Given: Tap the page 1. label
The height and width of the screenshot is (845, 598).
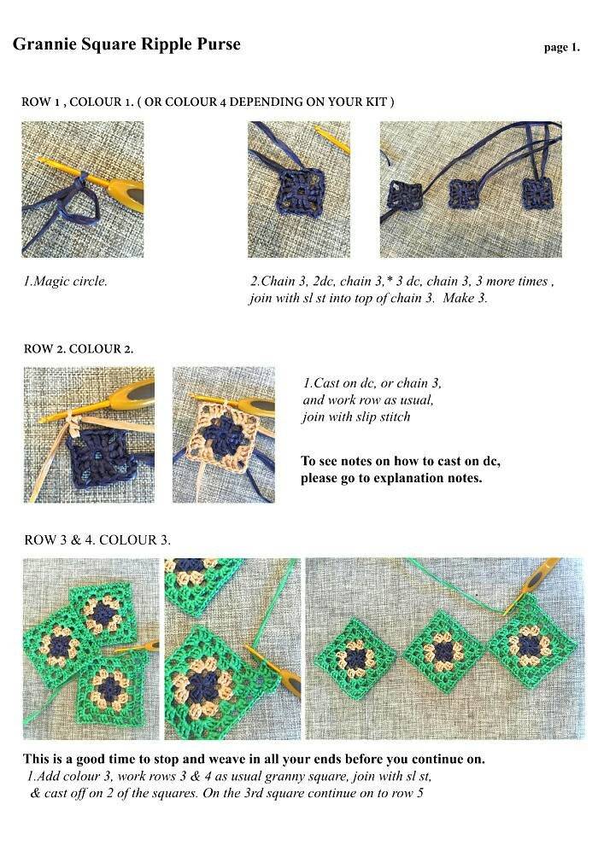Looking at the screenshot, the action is point(562,48).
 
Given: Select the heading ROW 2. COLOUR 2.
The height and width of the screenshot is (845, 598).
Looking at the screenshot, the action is point(79,349).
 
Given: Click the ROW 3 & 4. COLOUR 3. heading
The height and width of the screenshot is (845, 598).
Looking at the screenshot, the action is point(97,539).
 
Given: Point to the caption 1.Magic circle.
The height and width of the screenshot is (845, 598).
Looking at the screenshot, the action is point(65,281).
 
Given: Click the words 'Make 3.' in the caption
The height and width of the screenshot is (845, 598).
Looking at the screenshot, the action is point(465,298).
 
